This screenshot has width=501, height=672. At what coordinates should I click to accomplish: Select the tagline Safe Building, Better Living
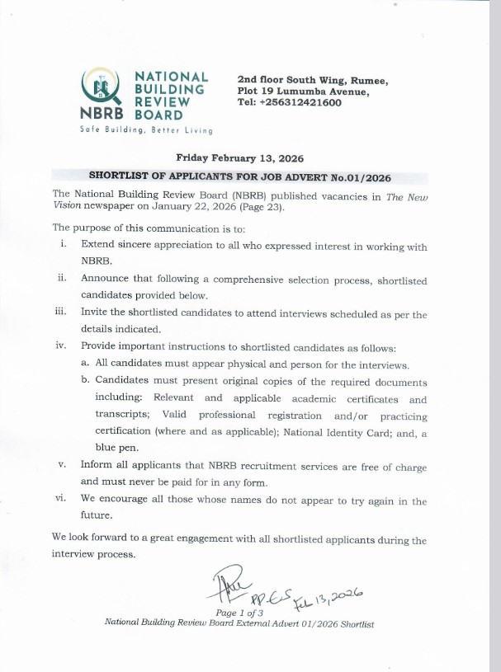coord(146,130)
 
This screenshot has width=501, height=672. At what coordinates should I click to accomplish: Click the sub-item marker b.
coord(85,381)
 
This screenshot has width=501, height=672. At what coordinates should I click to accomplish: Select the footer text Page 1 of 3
coord(239,613)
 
